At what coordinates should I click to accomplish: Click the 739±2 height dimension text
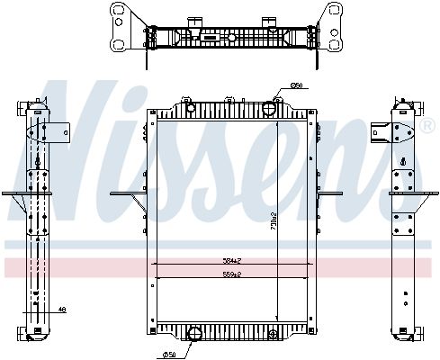pyautogui.click(x=273, y=218)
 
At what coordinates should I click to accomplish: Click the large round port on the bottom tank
pyautogui.click(x=193, y=336)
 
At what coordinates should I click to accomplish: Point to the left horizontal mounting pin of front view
pyautogui.click(x=126, y=193)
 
